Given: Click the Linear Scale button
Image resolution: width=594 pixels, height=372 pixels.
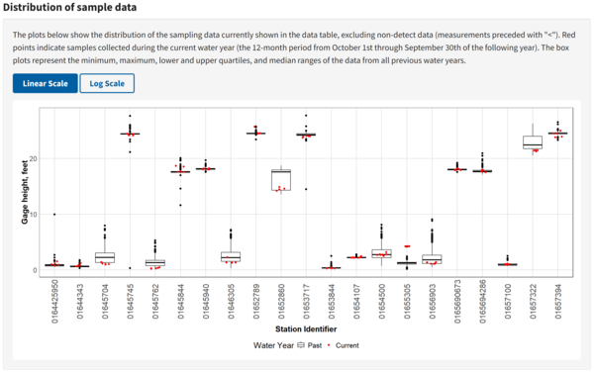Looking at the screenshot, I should click(45, 84).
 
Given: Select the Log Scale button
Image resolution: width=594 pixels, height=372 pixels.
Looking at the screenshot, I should click(107, 84).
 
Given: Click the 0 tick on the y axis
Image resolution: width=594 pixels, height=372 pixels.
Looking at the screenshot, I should click(35, 269).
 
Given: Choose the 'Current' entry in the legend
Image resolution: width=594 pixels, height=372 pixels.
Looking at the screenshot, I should click(343, 345).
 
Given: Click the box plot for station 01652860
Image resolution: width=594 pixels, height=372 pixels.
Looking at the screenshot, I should click(281, 179).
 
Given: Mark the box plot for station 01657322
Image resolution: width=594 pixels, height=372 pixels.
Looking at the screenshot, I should click(533, 142).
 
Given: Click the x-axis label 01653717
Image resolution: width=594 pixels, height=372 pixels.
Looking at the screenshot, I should click(307, 298).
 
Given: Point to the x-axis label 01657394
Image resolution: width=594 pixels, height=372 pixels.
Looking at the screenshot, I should click(558, 298).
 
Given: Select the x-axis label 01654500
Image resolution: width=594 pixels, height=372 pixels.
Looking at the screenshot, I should click(382, 298).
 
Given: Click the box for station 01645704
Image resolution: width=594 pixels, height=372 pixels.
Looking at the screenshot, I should click(105, 257).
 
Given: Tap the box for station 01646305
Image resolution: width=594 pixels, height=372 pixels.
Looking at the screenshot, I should click(231, 257).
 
